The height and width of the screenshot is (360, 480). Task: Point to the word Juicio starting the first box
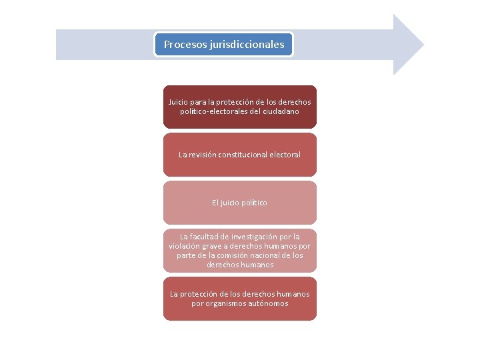(x=178, y=102)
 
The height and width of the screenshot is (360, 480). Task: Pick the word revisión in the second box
(x=205, y=155)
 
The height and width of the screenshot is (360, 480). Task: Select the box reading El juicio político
(x=240, y=203)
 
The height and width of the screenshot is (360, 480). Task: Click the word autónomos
(x=271, y=303)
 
